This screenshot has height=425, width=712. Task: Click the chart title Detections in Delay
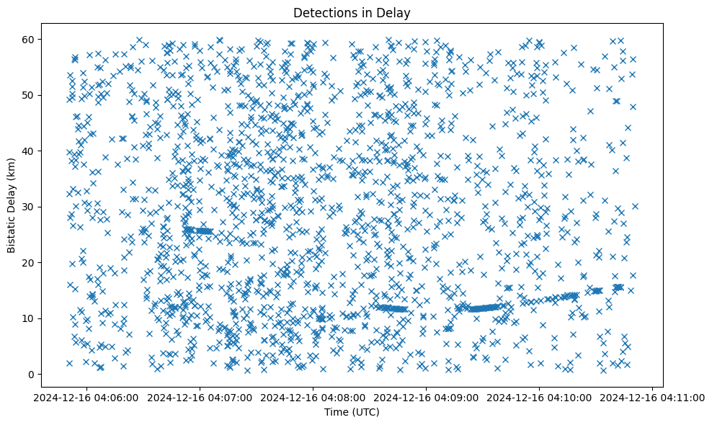pos(352,12)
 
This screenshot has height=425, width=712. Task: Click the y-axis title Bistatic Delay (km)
pos(12,205)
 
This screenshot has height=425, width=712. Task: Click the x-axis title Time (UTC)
pos(352,413)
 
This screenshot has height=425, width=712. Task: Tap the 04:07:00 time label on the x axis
pos(200,397)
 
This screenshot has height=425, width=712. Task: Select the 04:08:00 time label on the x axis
pos(313,397)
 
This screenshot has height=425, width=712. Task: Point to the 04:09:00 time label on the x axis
pos(426,397)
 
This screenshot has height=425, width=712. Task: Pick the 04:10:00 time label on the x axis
pos(539,397)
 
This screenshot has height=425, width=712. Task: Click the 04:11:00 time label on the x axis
pos(653,397)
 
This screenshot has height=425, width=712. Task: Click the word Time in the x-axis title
pos(337,413)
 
